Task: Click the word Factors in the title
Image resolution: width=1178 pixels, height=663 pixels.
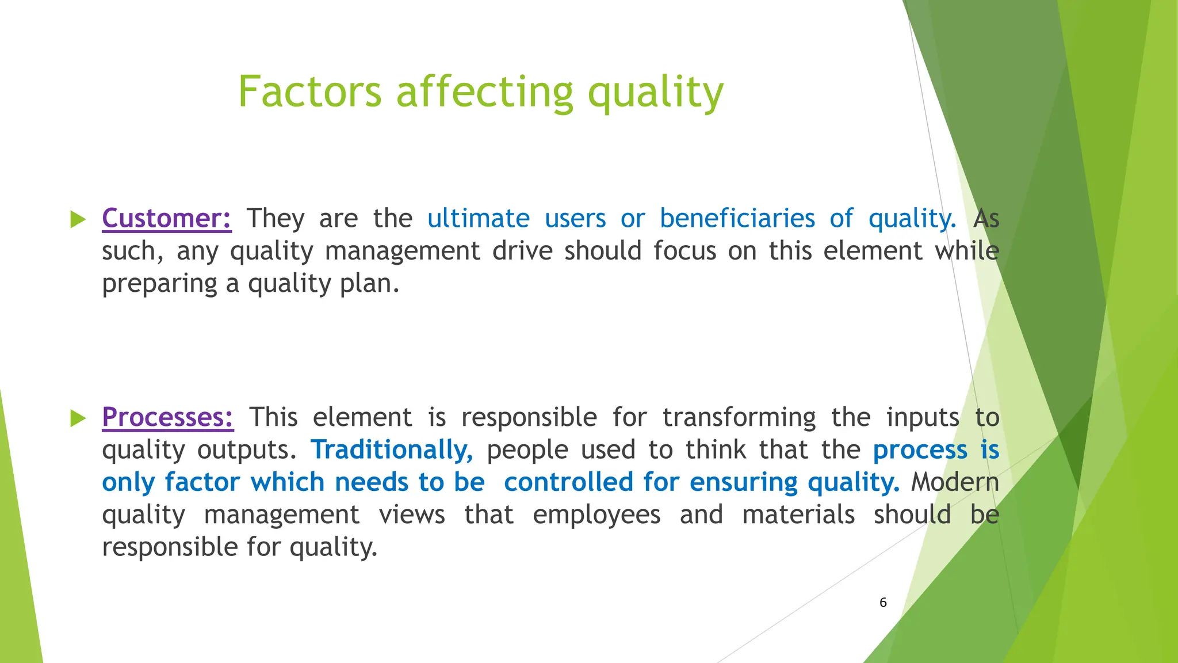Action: [x=309, y=92]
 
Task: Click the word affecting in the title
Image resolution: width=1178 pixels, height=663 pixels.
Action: [x=484, y=93]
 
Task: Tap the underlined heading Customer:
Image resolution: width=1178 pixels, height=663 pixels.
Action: [x=167, y=219]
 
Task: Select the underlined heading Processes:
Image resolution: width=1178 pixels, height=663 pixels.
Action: [x=167, y=417]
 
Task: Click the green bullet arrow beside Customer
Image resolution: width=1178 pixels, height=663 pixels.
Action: [x=78, y=219]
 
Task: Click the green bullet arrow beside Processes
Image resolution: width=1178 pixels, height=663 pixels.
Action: [x=78, y=418]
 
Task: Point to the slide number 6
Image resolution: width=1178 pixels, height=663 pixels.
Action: [x=883, y=603]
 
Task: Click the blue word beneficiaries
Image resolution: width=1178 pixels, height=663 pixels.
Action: [x=737, y=219]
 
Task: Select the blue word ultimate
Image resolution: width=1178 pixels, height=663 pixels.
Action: [x=478, y=219]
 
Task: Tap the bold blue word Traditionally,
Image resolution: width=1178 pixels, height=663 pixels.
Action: [x=392, y=450]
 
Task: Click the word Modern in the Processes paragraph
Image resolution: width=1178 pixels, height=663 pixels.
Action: [x=955, y=482]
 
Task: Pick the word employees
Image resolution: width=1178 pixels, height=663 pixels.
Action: [x=596, y=515]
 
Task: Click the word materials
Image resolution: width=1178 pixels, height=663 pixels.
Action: [x=798, y=515]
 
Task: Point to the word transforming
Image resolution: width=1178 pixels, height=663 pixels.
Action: [x=739, y=418]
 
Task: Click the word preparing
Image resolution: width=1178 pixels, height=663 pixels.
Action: [x=159, y=284]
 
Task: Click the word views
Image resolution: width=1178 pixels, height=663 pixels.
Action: [x=412, y=515]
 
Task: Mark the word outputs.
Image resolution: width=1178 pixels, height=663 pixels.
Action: [x=246, y=450]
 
